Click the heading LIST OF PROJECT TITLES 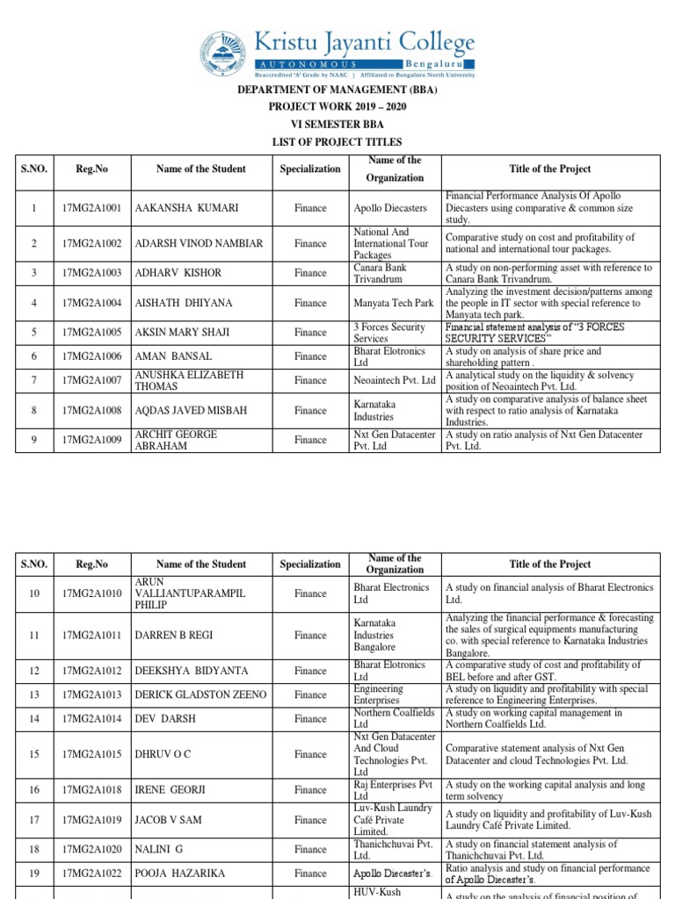337,142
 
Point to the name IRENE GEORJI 170,790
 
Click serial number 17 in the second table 34,820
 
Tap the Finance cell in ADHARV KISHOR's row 310,273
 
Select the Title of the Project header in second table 550,565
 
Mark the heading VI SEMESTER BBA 337,125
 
